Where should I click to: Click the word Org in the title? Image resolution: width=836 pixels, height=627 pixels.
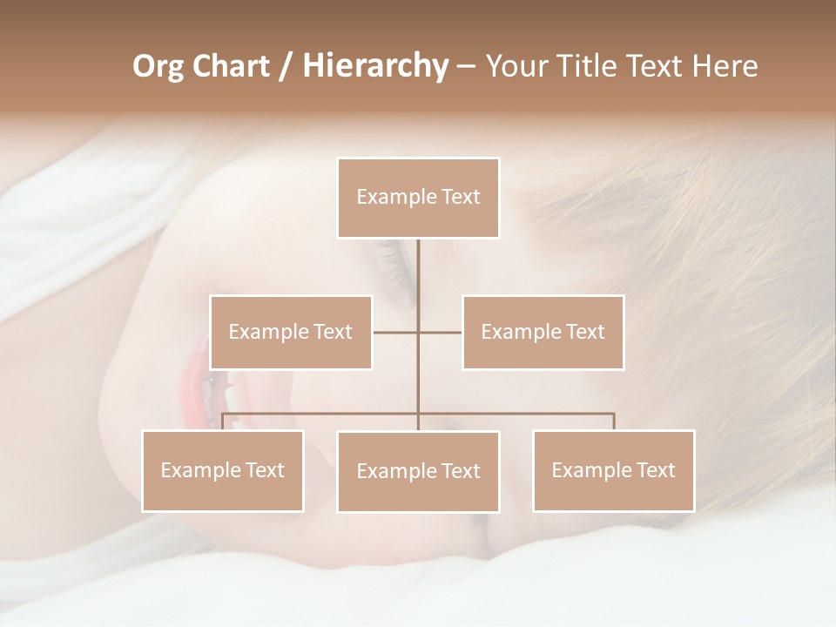pyautogui.click(x=157, y=66)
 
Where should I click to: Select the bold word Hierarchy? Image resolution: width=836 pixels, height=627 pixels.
pyautogui.click(x=374, y=66)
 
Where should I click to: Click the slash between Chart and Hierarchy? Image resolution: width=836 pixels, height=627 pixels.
pyautogui.click(x=286, y=66)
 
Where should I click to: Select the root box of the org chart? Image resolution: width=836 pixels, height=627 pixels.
pyautogui.click(x=418, y=198)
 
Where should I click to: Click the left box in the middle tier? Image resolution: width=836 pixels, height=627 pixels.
pyautogui.click(x=291, y=332)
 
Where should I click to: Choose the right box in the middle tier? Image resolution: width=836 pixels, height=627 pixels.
pyautogui.click(x=543, y=332)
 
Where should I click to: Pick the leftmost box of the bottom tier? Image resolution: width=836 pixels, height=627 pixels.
pyautogui.click(x=223, y=470)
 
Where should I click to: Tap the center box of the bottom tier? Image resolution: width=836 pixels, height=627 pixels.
pyautogui.click(x=418, y=471)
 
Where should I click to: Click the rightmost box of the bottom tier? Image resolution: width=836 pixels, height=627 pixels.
pyautogui.click(x=614, y=470)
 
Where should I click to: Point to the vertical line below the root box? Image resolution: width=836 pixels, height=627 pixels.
pyautogui.click(x=418, y=279)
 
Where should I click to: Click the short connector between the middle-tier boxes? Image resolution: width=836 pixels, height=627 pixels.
pyautogui.click(x=440, y=332)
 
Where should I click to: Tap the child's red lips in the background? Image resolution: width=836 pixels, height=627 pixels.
pyautogui.click(x=193, y=383)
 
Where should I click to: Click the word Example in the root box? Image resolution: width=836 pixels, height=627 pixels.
pyautogui.click(x=388, y=198)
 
